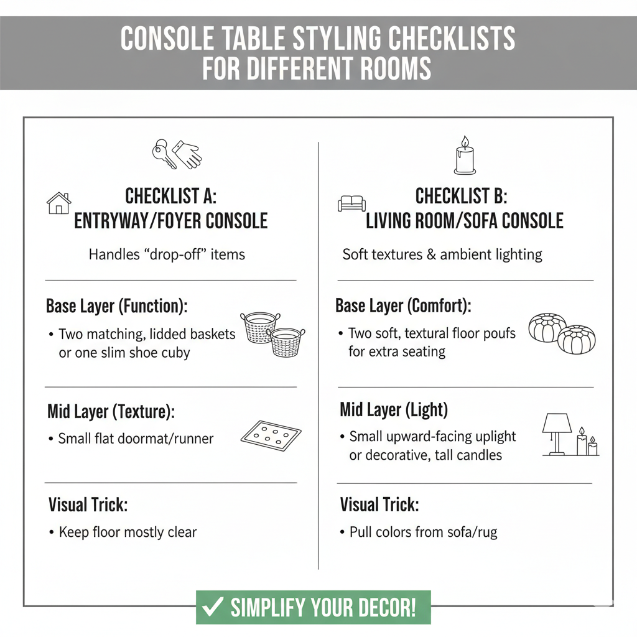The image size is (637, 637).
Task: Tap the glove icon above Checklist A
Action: [x=188, y=154]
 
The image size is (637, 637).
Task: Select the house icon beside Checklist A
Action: [x=59, y=203]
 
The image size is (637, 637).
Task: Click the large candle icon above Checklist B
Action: [x=465, y=156]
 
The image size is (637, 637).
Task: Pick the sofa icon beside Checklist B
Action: [x=351, y=203]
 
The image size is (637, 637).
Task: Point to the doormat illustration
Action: [x=271, y=435]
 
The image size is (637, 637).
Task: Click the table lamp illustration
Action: [x=557, y=432]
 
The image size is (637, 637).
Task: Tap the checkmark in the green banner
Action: [x=213, y=607]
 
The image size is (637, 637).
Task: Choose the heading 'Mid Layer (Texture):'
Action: [x=111, y=411]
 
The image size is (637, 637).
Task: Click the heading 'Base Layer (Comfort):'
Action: [x=403, y=306]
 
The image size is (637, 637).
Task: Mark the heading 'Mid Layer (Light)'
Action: [x=394, y=410]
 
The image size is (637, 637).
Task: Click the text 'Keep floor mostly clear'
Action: [x=128, y=532]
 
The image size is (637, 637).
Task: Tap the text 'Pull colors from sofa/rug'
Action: [x=423, y=532]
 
